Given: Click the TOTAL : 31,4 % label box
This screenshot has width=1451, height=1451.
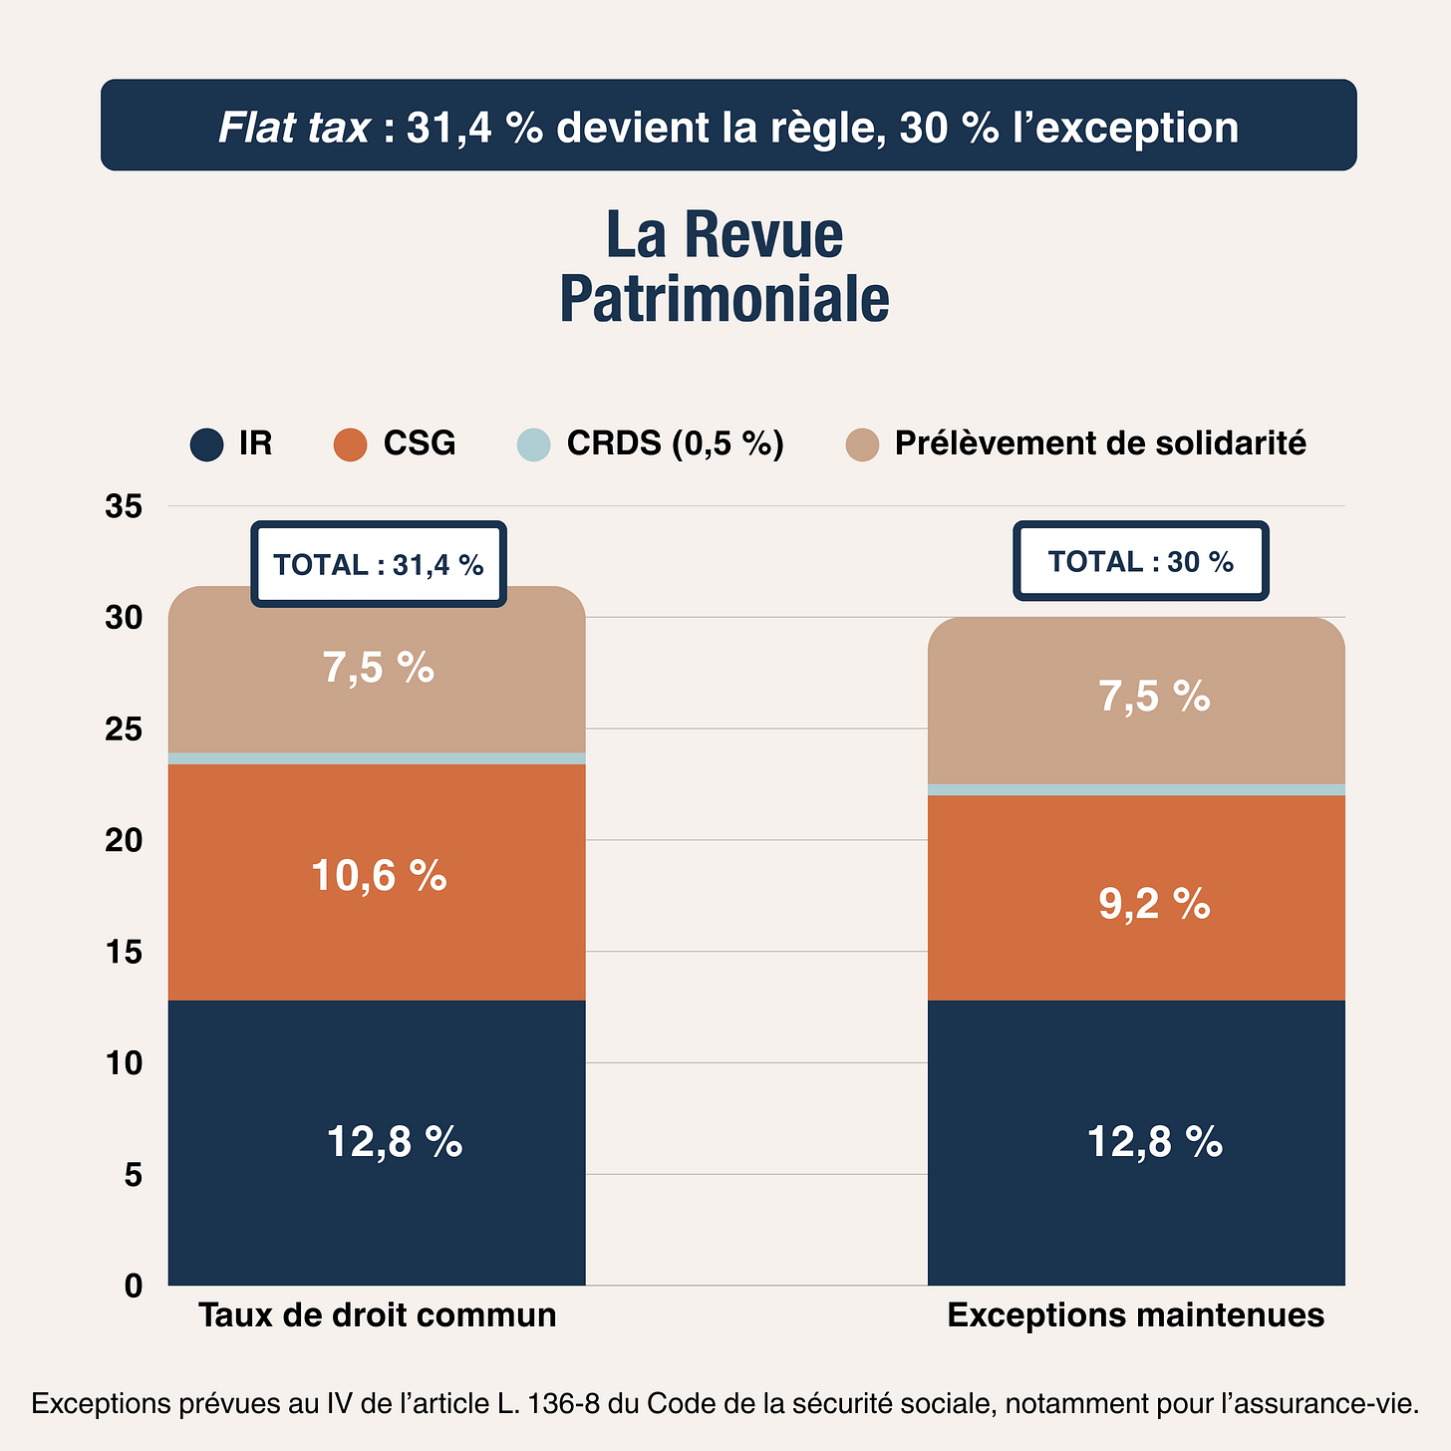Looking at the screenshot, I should click(379, 564).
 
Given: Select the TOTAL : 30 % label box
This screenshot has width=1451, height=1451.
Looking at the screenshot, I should click(1140, 561).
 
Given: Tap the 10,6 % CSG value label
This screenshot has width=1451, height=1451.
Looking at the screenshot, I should click(379, 876).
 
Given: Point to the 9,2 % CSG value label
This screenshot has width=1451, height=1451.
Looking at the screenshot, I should click(1154, 904).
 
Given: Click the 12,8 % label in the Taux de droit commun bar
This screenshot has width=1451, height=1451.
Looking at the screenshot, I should click(395, 1141).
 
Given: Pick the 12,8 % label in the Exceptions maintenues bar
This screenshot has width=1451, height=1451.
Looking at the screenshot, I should click(1154, 1141).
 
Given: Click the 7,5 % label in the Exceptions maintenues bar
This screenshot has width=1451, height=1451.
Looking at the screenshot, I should click(1154, 697).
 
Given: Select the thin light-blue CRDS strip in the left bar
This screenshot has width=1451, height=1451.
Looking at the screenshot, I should click(377, 758).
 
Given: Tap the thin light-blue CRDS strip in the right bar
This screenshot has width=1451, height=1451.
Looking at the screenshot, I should click(1136, 789).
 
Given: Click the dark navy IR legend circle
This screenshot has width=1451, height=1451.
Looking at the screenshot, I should click(206, 444).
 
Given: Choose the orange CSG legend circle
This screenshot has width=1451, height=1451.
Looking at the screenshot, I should click(350, 444).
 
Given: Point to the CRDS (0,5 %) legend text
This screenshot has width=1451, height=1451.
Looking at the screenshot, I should click(675, 443).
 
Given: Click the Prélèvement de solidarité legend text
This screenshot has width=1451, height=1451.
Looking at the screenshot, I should click(1099, 443).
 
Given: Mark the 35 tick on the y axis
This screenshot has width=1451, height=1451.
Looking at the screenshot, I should click(124, 506).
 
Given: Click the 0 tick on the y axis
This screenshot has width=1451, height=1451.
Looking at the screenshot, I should click(133, 1286).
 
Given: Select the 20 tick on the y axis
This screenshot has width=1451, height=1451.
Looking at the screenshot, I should click(124, 840).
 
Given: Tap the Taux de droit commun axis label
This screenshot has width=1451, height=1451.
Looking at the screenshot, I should click(377, 1315).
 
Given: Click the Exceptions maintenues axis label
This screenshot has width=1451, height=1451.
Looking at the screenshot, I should click(1135, 1315).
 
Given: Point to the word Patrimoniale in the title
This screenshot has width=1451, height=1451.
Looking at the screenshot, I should click(725, 299).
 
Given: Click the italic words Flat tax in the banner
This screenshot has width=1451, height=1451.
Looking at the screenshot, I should click(294, 128).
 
